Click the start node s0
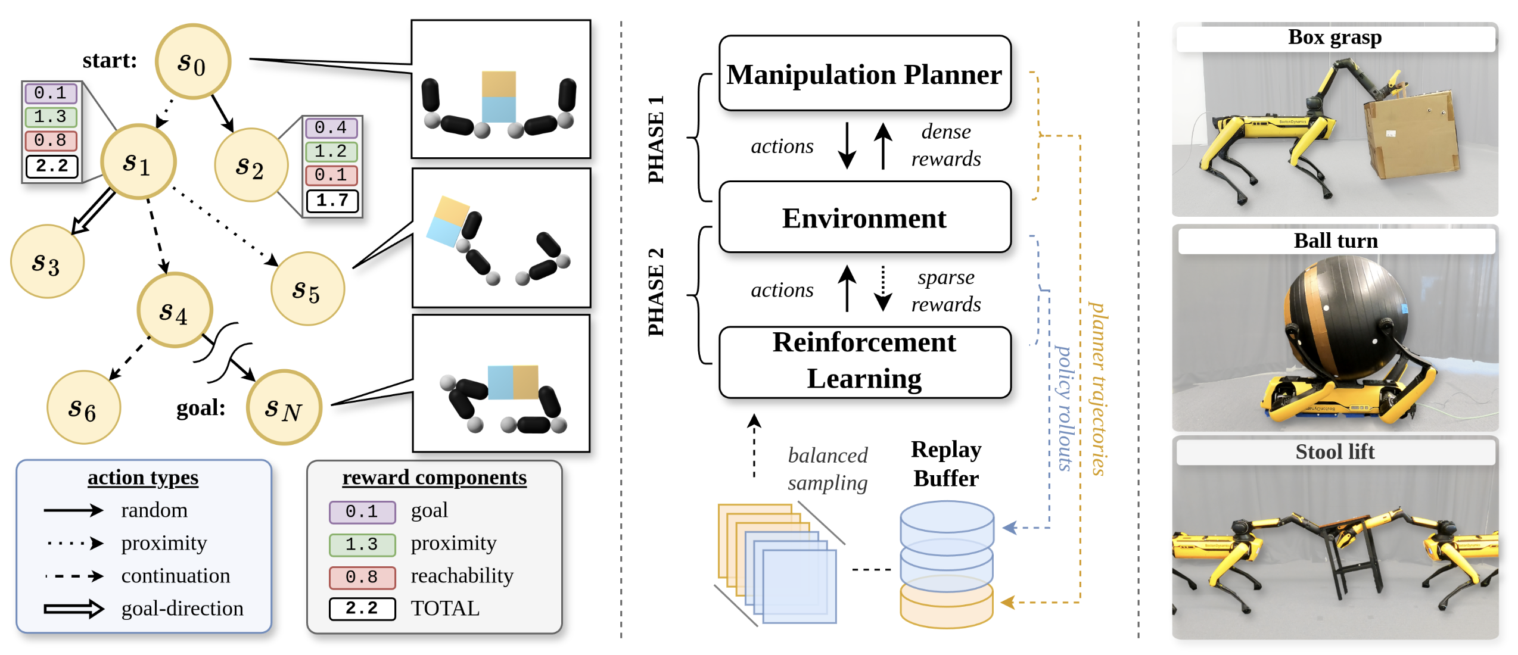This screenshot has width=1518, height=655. click(192, 61)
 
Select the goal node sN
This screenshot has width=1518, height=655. click(284, 408)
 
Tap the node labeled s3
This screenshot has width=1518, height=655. click(47, 262)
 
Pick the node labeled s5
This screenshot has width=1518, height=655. click(307, 289)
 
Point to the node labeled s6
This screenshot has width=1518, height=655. click(83, 408)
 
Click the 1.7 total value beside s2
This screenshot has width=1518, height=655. click(332, 201)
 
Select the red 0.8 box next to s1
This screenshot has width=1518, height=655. click(51, 141)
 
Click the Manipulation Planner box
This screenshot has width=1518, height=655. click(864, 74)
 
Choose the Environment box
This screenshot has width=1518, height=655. click(864, 218)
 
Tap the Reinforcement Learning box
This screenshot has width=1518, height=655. click(864, 361)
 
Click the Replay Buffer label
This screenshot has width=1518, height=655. click(946, 464)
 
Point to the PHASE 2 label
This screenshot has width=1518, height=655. click(656, 292)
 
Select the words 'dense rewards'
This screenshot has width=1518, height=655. click(945, 145)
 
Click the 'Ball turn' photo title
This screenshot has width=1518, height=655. click(1336, 241)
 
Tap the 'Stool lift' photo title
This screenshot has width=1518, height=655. click(1335, 452)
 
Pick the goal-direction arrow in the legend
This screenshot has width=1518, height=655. click(73, 609)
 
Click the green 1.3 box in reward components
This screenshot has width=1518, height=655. click(362, 544)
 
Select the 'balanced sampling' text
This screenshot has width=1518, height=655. click(828, 469)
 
